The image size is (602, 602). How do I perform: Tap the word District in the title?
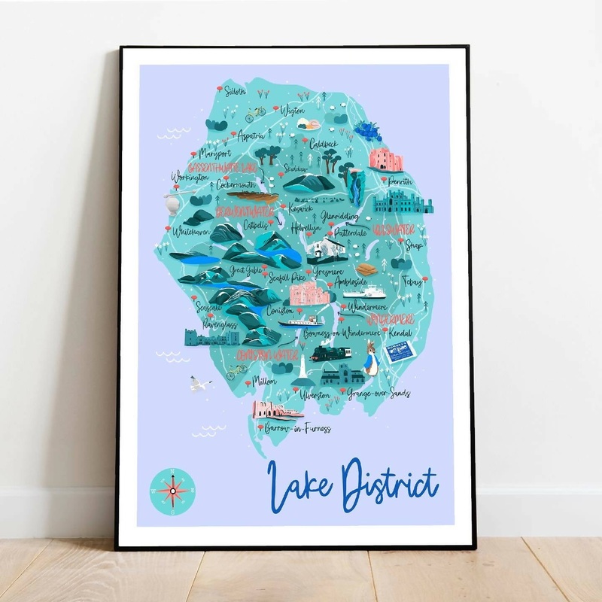pos(389,484)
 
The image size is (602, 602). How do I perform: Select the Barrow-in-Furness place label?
pos(298,429)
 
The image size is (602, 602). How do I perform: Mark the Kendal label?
pos(405,331)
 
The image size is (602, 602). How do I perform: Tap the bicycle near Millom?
pos(237,369)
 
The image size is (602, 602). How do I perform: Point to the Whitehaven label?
pos(192,232)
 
